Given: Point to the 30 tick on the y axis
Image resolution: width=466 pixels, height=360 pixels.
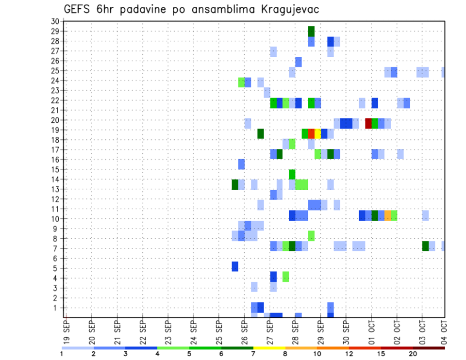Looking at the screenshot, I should tap(54, 21).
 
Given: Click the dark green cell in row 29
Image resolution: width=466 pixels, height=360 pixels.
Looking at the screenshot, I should tap(311, 31).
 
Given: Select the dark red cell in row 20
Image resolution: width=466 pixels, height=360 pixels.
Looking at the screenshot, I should tap(368, 123).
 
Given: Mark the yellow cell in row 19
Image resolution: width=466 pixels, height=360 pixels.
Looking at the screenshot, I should tap(317, 133).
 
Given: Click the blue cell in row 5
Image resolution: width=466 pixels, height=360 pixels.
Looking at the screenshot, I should tap(235, 266).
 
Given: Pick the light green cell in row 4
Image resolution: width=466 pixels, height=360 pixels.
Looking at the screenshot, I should tap(286, 276).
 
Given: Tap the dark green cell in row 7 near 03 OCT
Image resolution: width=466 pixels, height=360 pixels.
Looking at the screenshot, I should tap(425, 246).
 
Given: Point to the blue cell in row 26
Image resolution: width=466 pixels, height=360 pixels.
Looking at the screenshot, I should tap(299, 62).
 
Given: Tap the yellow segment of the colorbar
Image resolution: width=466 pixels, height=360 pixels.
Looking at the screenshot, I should tap(269, 348).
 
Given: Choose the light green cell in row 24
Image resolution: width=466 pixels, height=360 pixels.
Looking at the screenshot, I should tap(241, 82).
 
